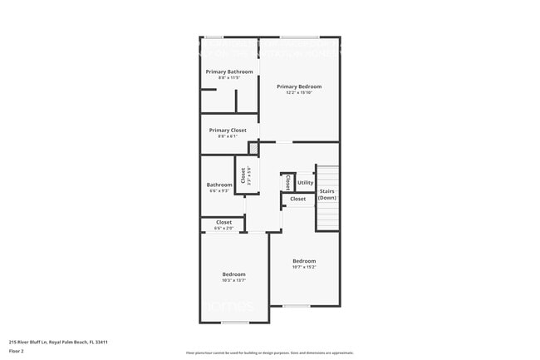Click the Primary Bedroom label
pos(299,86)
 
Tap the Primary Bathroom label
pos(229,72)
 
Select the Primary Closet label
pos(228,131)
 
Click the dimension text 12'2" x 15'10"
pos(299,93)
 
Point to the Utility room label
pos(305,182)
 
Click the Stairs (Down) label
pos(327,195)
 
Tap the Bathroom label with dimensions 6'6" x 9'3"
pos(219,185)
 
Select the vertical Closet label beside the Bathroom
pos(243,176)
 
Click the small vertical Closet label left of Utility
pos(287,181)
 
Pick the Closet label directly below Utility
pos(297,199)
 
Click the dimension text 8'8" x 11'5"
pos(229,78)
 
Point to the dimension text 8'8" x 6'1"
pos(228,136)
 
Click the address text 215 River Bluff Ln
pos(58,342)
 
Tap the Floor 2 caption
pos(17,351)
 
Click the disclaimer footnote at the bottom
pos(269,353)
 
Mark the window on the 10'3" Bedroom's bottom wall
pos(233,323)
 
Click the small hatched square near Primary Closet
pos(254,150)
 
